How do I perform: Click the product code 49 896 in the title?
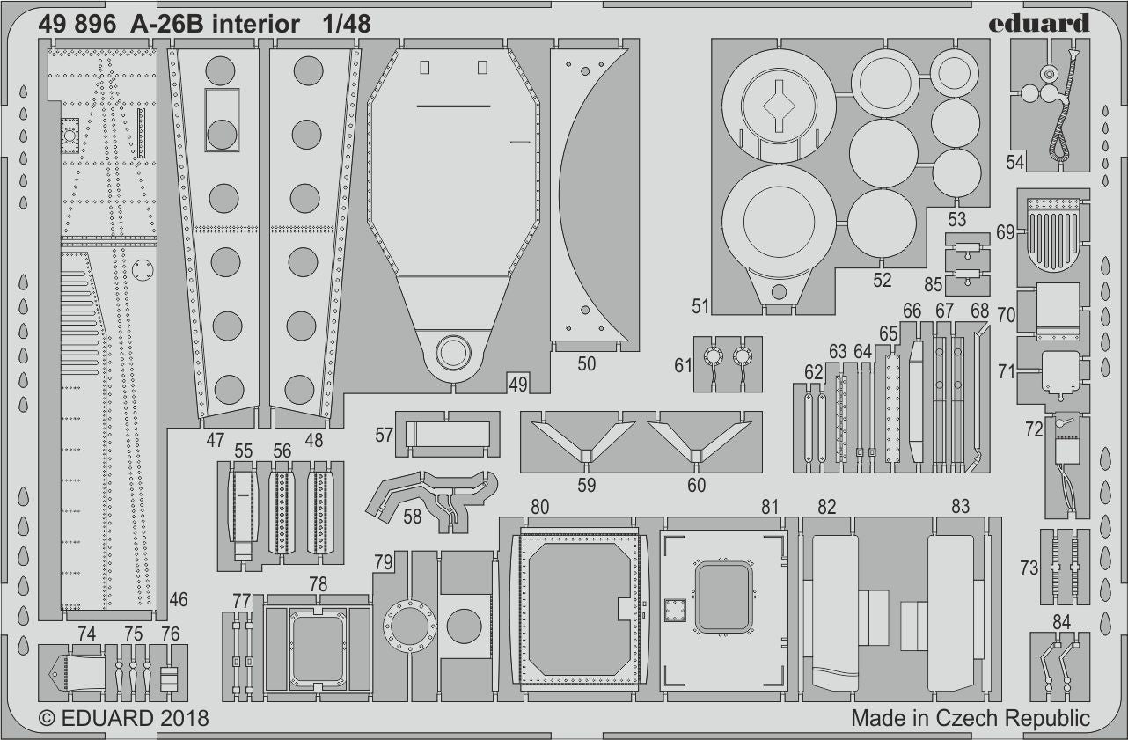point(77,25)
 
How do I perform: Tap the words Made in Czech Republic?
point(970,718)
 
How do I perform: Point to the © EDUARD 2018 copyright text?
point(123,718)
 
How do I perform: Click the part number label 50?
point(587,363)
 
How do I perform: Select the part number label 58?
point(412,517)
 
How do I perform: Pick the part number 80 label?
point(539,506)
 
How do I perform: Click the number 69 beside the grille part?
point(1006,232)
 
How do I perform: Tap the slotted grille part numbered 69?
point(1053,233)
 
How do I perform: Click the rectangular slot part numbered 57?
point(448,434)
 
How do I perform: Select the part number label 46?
point(179,600)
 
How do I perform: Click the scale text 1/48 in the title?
point(346,25)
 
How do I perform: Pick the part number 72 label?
point(1033,429)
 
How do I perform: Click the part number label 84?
point(1061,622)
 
